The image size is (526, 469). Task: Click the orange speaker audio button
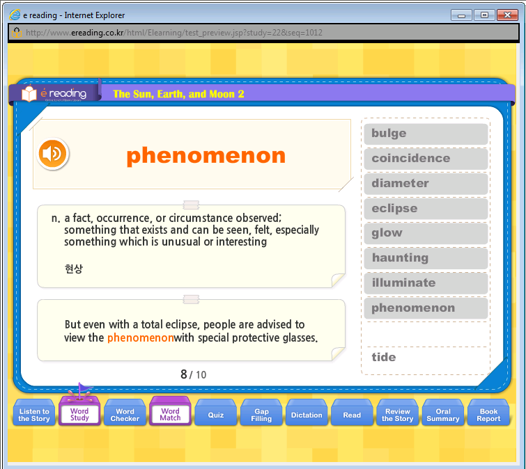(53, 153)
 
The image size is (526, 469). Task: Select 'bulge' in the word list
(426, 134)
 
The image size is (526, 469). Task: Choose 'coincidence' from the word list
(426, 159)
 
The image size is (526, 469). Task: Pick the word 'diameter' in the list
(426, 184)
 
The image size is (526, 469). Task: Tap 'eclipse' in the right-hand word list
(426, 208)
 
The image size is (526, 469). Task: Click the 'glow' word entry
(426, 233)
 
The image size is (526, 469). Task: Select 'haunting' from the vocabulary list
(426, 258)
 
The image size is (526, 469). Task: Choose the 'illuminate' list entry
(426, 283)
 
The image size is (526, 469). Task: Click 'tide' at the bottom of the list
(383, 357)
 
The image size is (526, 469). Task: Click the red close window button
(507, 15)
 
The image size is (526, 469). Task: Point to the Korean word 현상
(74, 269)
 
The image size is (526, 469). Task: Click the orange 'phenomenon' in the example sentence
(141, 337)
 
